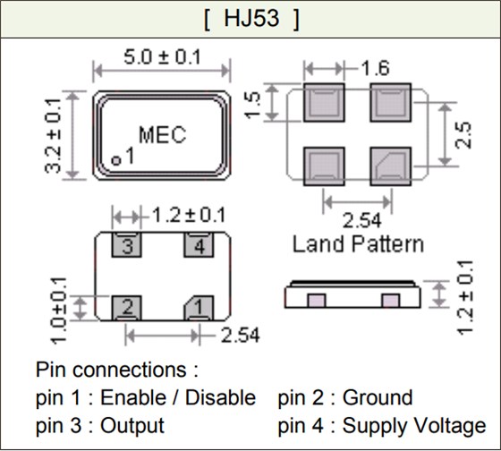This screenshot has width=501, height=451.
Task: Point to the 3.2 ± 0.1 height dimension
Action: (x=55, y=135)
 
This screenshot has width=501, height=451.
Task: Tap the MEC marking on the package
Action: (x=162, y=135)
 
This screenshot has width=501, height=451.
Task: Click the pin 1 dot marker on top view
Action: (x=116, y=159)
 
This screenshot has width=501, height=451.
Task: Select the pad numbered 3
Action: (x=127, y=245)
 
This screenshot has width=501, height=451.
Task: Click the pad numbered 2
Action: (x=127, y=308)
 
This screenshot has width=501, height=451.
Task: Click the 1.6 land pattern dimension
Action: (x=373, y=67)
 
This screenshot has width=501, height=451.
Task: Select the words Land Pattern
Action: (x=358, y=243)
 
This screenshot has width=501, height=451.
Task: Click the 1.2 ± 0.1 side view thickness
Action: (x=463, y=296)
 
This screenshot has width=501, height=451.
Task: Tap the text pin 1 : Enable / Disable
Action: (x=146, y=397)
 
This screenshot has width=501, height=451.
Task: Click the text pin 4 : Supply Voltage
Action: (x=382, y=425)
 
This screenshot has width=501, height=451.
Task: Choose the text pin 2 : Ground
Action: (x=345, y=397)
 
